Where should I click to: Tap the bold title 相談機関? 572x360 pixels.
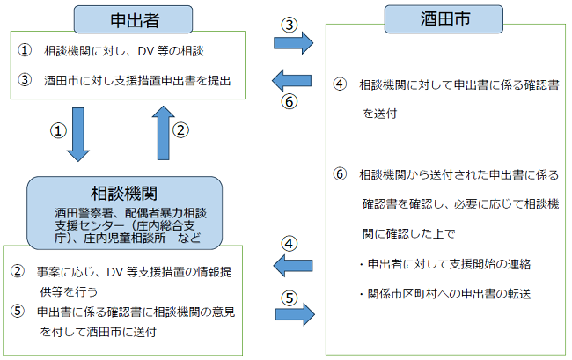click(122, 193)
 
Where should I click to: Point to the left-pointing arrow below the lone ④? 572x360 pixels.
click(291, 263)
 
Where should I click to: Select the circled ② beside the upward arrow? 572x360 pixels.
click(180, 130)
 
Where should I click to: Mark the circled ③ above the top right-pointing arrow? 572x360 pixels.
click(288, 24)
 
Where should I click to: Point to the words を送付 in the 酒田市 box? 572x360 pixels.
click(376, 113)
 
